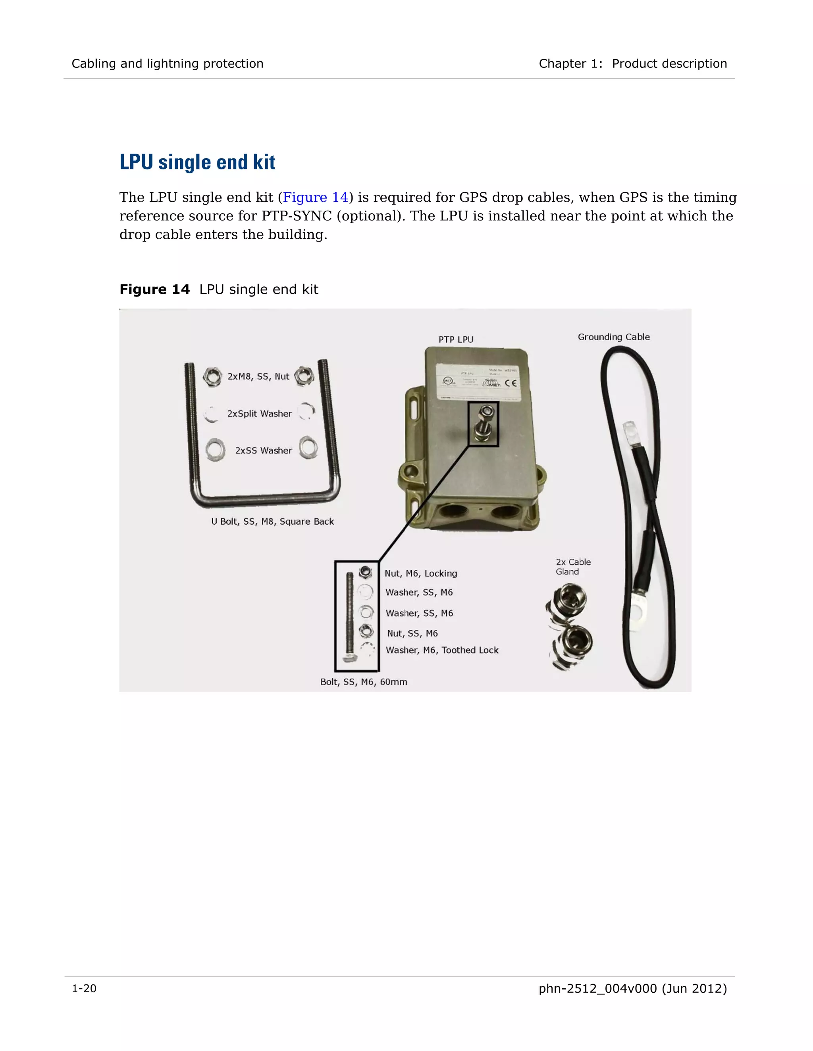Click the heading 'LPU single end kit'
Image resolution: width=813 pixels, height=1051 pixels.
point(197,162)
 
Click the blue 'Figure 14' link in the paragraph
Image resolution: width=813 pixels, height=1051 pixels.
point(315,197)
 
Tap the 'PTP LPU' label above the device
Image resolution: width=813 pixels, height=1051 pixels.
point(456,339)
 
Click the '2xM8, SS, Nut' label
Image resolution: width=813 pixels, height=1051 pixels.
point(258,376)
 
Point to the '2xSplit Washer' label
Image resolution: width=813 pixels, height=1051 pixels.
point(259,413)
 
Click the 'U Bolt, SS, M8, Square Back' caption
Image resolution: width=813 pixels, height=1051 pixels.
point(272,521)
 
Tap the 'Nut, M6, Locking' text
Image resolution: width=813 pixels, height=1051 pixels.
point(420,573)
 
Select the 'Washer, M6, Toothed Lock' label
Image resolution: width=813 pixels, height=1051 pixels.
point(442,650)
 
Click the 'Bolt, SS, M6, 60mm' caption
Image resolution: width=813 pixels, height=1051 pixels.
point(364,682)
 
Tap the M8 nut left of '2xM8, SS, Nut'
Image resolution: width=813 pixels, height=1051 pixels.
point(212,377)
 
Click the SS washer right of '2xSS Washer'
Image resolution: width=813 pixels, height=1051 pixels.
point(308,447)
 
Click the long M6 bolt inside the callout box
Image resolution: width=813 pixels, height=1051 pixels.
point(350,616)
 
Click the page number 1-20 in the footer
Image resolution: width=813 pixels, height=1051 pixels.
point(84,988)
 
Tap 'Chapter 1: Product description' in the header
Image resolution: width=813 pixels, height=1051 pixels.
point(632,63)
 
